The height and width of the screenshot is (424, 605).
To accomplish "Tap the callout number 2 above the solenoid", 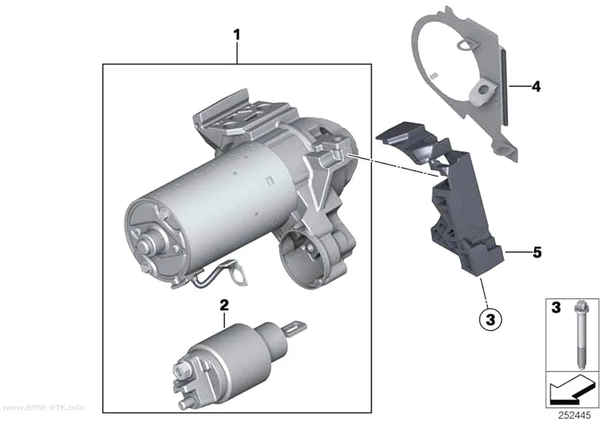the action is coord(224,305).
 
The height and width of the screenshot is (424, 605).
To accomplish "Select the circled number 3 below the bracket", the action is coord(490,320).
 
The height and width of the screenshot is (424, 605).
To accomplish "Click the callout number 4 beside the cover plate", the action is coord(536,86).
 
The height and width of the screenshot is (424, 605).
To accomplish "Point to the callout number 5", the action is coord(537,253).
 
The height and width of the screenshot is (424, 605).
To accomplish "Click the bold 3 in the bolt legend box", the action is coord(555,308).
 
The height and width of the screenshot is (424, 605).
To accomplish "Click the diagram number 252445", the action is coord(574,415).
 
